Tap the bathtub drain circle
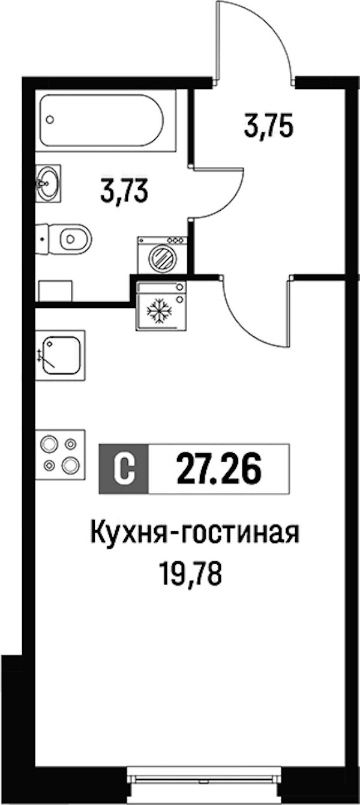click(x=50, y=119)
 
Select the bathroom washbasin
click(x=48, y=183)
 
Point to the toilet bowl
click(x=75, y=238)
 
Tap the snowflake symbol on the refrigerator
click(x=160, y=309)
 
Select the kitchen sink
click(x=61, y=355)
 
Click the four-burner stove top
click(x=61, y=454)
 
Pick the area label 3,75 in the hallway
click(x=268, y=127)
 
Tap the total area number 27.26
click(x=218, y=469)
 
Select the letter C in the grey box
click(x=124, y=469)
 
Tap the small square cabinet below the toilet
click(x=56, y=291)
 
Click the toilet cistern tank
click(x=42, y=239)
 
